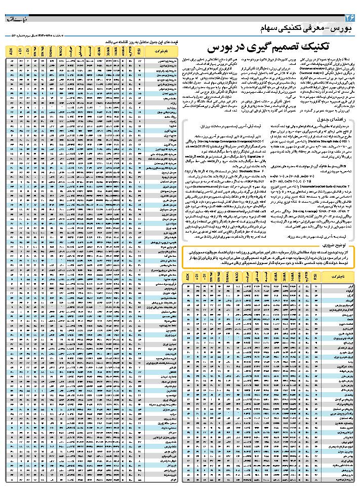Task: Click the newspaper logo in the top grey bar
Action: tap(15, 18)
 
